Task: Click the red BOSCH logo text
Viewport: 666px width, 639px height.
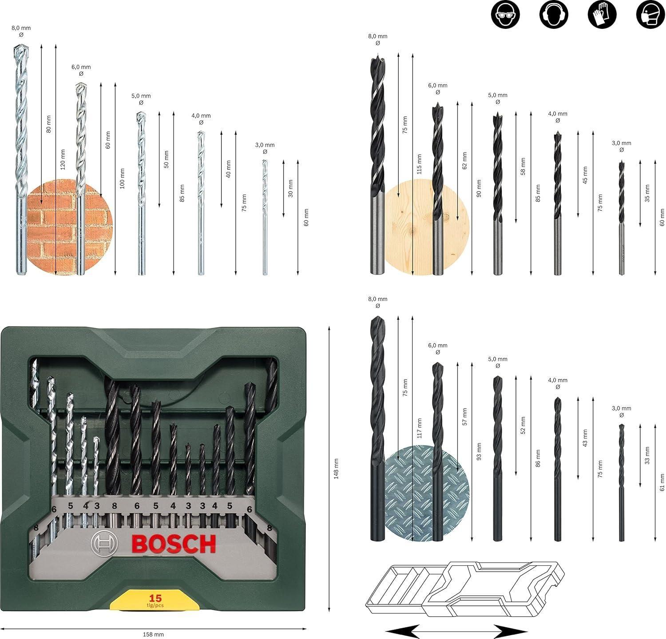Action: point(174,544)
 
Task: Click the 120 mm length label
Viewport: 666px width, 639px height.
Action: point(63,160)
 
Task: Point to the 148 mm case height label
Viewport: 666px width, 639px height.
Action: point(336,468)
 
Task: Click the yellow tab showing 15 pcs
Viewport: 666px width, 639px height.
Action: point(155,600)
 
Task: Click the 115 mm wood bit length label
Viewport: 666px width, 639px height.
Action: point(420,164)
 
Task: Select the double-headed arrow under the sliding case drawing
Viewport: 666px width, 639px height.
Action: point(450,630)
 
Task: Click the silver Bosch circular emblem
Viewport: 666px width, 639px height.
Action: point(103,543)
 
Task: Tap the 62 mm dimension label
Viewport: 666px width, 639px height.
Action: point(464,161)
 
